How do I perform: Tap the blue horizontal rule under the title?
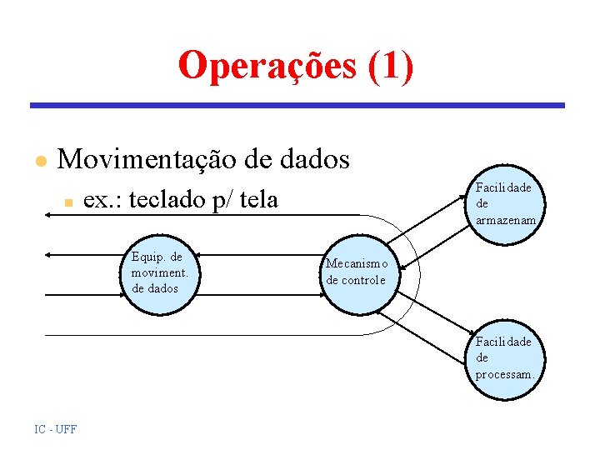pos(297,106)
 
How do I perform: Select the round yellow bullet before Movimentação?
pos(38,161)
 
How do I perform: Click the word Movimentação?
pos(149,158)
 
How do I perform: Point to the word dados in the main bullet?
pos(312,158)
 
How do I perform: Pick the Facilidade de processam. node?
pos(504,357)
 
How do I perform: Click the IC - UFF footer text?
pos(55,429)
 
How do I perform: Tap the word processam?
pos(504,374)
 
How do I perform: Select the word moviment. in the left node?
pos(160,272)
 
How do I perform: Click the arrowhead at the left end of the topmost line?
pos(48,214)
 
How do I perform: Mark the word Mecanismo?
pos(356,264)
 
